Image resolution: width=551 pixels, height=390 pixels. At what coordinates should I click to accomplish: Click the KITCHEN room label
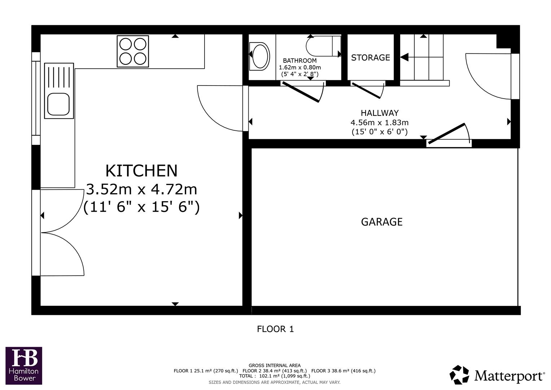click(141, 171)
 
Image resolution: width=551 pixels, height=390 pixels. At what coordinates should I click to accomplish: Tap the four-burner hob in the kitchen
click(133, 51)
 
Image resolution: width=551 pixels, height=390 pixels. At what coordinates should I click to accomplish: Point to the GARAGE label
click(382, 222)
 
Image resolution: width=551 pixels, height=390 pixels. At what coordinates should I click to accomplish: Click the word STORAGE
click(371, 57)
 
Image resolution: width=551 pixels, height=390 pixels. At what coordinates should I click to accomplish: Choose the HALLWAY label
click(380, 113)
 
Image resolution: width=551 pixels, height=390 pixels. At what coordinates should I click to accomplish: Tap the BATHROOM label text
click(299, 61)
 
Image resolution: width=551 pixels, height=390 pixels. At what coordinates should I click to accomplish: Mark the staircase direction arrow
click(404, 57)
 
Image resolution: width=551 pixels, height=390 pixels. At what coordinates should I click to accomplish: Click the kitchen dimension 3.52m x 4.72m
click(141, 189)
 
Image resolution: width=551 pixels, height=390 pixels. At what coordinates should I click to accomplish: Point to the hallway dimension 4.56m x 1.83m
click(380, 122)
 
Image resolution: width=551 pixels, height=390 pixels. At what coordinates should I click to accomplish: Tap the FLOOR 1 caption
click(275, 329)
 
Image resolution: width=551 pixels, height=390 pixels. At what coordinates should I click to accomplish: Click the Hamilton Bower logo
click(24, 365)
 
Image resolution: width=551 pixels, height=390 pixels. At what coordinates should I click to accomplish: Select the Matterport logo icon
click(459, 375)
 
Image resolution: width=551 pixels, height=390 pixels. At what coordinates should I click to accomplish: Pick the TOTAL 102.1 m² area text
click(274, 376)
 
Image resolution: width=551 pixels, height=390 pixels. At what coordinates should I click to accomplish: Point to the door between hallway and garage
click(446, 133)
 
